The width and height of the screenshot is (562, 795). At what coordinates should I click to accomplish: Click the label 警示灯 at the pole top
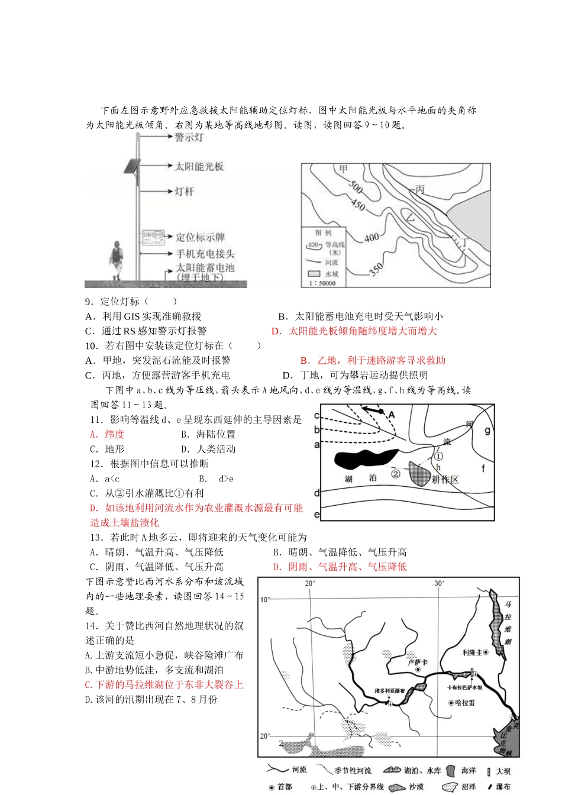189,137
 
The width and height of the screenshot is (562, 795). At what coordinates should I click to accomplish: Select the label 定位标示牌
201,237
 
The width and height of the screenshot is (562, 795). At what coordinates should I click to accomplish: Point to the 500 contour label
355,188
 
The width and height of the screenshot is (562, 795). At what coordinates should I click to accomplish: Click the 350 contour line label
376,270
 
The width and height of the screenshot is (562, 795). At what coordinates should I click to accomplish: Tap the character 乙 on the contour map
409,218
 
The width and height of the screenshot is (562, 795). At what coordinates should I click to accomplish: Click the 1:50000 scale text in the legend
322,283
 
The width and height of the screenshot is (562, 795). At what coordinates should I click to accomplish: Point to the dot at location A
382,412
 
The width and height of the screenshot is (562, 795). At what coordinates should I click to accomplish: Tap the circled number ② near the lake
396,473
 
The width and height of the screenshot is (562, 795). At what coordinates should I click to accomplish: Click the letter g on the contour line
487,431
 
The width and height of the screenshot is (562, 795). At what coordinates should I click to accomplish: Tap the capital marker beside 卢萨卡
418,670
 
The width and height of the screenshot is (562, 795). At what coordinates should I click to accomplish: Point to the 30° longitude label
439,583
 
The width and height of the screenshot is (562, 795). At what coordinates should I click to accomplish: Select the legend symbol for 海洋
451,770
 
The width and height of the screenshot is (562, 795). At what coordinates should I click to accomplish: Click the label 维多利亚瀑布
390,691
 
